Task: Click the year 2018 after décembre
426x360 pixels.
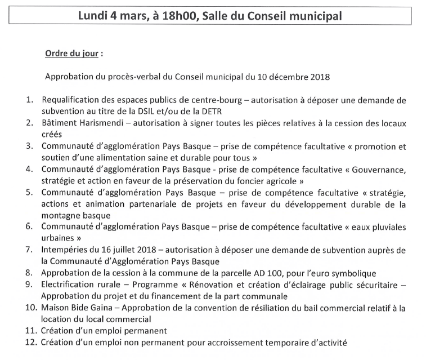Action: (317, 77)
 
